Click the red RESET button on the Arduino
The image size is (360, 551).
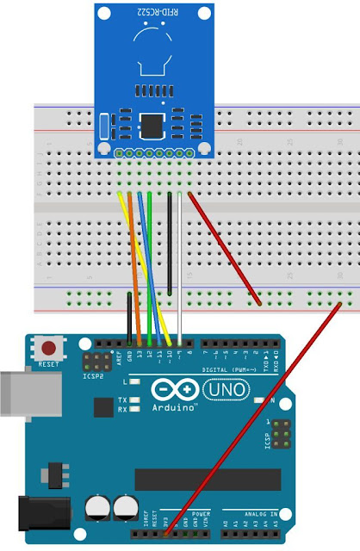(50, 349)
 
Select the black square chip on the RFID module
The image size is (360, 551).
(152, 126)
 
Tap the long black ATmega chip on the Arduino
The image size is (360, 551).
(208, 480)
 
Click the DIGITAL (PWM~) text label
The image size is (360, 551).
(222, 368)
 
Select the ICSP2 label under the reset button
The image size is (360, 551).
(92, 375)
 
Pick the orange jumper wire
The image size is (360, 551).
(135, 267)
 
